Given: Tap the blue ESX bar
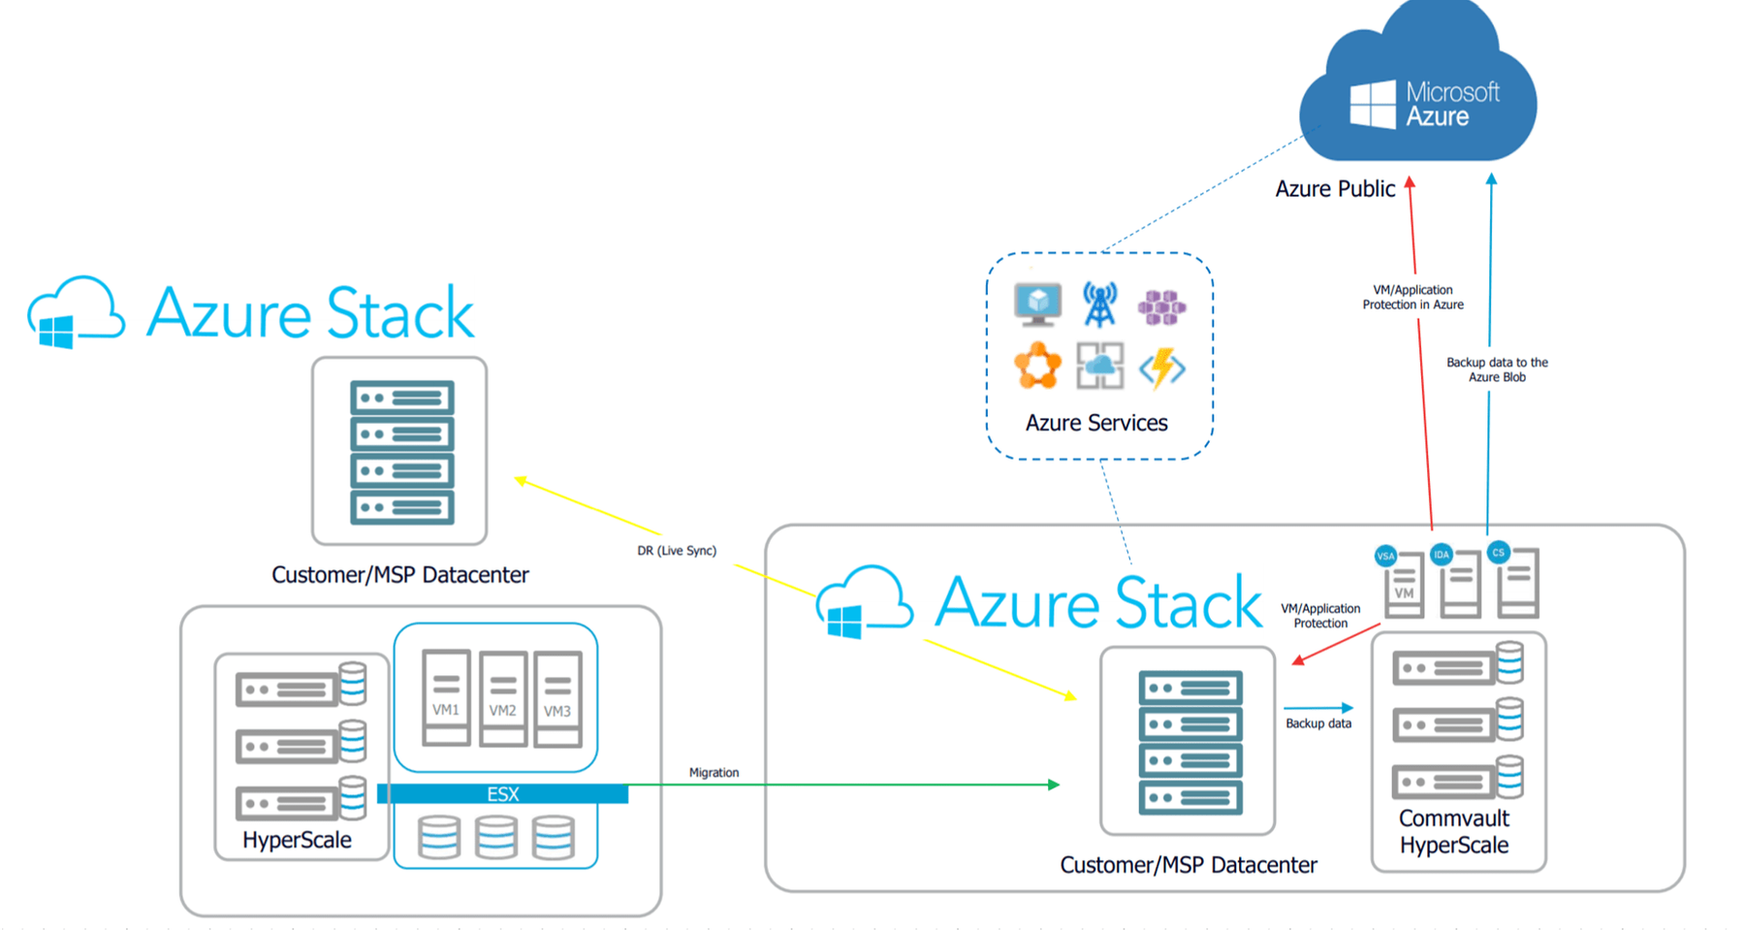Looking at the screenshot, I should point(502,794).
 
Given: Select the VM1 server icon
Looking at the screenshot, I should point(446,696).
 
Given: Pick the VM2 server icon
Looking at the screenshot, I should point(502,697).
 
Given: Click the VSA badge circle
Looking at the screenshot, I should point(1385,556).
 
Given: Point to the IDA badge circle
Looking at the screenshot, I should point(1442,555).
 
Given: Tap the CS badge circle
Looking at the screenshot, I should point(1498,553).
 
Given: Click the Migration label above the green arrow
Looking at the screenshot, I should point(714,773).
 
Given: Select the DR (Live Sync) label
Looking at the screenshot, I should point(677,551).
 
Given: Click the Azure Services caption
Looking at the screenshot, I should point(1096,423).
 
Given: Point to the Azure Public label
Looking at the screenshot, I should point(1335,189).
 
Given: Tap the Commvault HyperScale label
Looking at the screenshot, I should point(1454,832).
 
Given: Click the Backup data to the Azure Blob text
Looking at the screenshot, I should point(1497,369).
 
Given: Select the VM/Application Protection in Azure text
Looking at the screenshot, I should point(1412,297).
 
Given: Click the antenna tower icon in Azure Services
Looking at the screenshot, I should point(1099,305).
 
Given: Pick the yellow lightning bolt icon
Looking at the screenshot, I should point(1161,368).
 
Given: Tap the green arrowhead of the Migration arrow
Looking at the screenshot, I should point(1054,785).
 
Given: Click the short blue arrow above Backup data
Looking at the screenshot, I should point(1317,708).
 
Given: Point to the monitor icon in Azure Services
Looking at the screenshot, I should point(1037,304).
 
